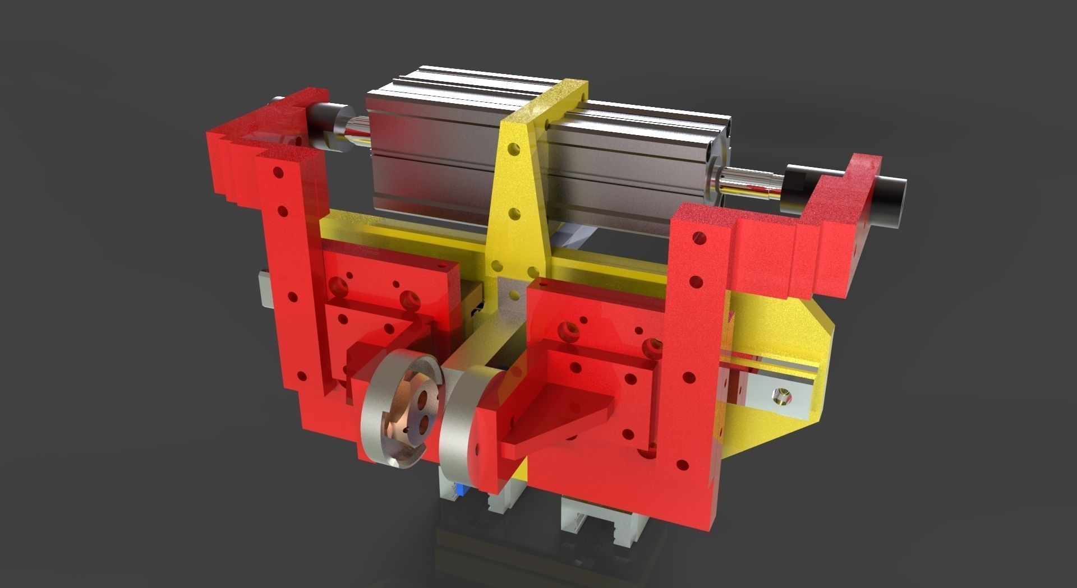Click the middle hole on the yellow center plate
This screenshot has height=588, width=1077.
[512, 213]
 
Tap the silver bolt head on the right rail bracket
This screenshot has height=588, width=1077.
[780, 397]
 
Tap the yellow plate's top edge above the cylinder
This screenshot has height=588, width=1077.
[558, 95]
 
